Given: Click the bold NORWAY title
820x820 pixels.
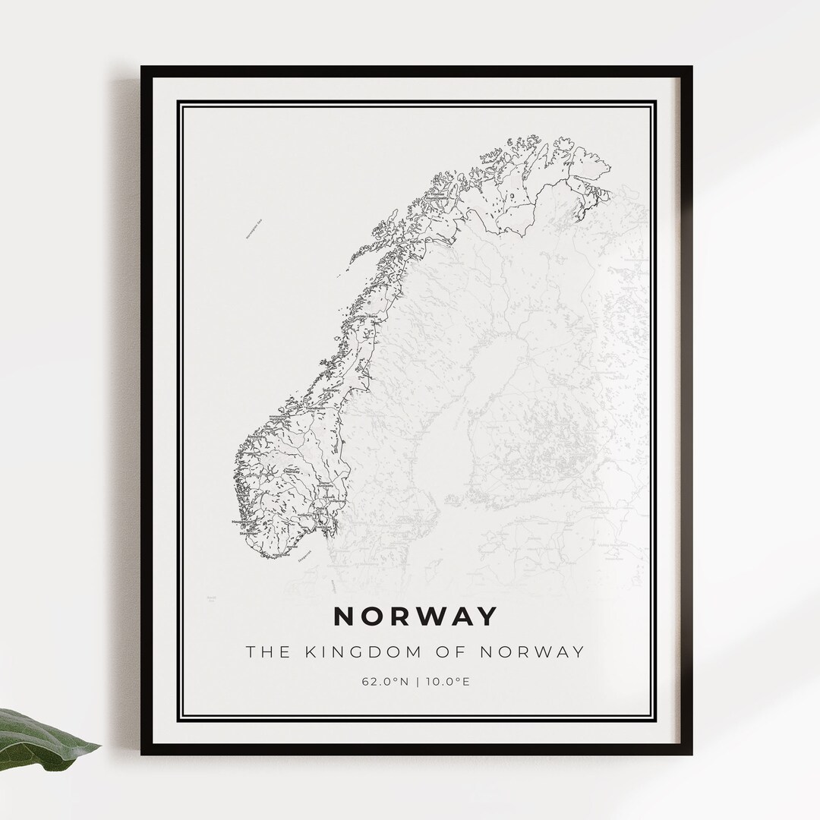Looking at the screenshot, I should coord(415,617).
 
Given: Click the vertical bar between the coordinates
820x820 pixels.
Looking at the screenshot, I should coord(415,681).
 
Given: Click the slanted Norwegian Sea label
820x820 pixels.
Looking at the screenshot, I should coord(254,229).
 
